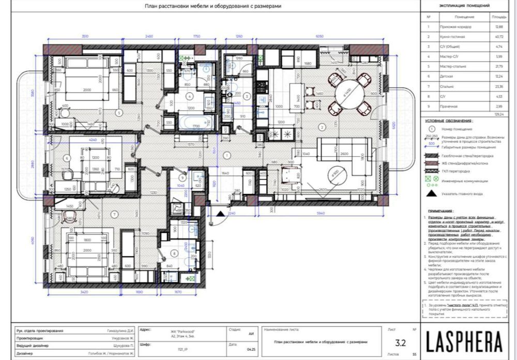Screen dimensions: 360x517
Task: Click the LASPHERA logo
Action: tap(464, 341)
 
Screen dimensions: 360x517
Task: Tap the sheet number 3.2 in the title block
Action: tap(400, 342)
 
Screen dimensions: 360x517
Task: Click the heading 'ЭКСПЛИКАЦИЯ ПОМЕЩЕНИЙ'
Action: tap(464, 6)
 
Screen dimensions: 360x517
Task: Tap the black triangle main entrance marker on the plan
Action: tap(220, 213)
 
